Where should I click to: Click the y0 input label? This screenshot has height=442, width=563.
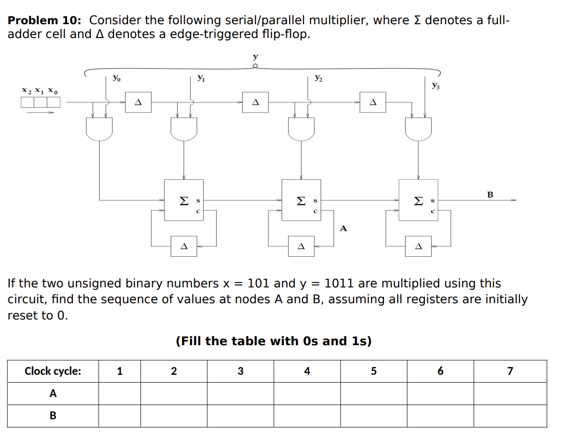pos(115,78)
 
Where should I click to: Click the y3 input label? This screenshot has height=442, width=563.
pos(435,86)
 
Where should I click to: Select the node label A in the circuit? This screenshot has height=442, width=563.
pos(343,228)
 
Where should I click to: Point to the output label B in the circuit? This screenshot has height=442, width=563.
pos(490,195)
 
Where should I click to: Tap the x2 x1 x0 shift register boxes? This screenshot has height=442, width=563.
pos(40,102)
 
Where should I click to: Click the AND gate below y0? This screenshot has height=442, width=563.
pos(99,129)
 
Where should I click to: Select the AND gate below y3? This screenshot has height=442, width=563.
pos(418,129)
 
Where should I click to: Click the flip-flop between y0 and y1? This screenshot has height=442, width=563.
pos(138,102)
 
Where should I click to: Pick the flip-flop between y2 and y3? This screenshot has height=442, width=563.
pos(373,102)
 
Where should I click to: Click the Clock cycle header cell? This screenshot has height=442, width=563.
pos(53,371)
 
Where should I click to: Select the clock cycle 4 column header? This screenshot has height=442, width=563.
pos(307,371)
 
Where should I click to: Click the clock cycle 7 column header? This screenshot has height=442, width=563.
pos(510,371)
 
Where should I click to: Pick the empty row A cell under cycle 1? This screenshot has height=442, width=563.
pos(119,394)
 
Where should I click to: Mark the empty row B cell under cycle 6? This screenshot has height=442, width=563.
pos(440,416)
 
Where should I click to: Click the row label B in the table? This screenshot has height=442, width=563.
pos(53,416)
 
